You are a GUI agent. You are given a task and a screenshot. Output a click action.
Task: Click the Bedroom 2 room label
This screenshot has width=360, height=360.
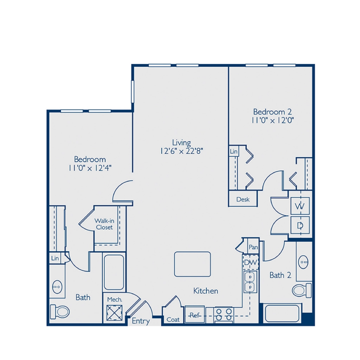pos(270,112)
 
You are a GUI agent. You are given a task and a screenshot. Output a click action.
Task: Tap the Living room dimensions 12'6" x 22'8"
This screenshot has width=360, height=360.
pos(181,151)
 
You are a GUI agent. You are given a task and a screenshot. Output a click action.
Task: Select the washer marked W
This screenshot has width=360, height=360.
pos(299,207)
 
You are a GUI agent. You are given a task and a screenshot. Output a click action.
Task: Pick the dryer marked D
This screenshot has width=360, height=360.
pos(300,226)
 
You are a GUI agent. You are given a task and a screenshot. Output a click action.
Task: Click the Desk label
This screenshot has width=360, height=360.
pos(243,199)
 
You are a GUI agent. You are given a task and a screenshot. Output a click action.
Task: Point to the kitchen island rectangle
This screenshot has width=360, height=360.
pos(192,264)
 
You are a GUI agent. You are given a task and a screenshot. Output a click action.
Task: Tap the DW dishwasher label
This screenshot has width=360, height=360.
pos(251,262)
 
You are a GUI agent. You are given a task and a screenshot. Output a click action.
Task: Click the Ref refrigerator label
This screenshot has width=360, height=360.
pos(194,316)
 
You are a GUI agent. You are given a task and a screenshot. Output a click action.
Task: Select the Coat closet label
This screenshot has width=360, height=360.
pos(173,320)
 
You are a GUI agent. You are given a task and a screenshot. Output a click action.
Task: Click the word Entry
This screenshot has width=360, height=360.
pos(141,321)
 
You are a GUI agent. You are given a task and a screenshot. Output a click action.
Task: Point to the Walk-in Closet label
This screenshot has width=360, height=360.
pos(104,224)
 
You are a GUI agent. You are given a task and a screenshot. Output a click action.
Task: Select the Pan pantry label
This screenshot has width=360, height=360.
pos(252,247)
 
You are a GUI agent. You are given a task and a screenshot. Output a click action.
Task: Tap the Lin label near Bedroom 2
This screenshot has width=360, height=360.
pos(234,152)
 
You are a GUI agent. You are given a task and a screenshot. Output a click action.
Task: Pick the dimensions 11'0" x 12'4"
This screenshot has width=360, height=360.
pos(90,168)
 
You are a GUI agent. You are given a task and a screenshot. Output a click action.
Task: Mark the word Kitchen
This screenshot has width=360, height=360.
pos(206,291)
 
